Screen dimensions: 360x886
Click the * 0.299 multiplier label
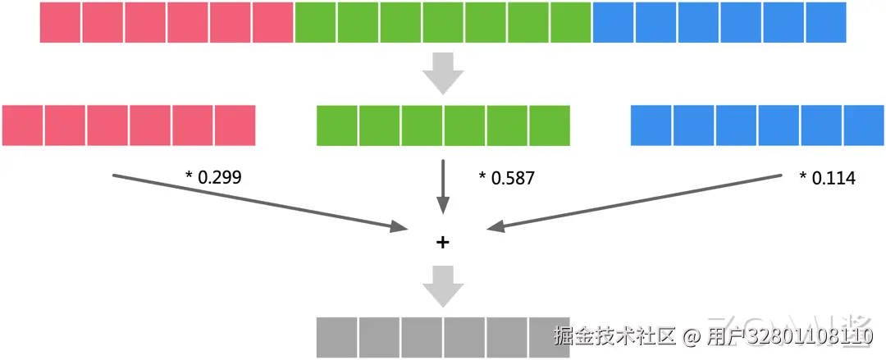click(214, 176)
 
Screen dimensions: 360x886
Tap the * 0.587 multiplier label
click(506, 177)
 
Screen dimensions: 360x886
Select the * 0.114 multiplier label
click(827, 177)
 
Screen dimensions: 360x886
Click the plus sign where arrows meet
click(443, 242)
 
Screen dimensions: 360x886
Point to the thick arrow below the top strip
click(443, 73)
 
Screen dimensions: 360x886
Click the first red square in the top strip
click(61, 22)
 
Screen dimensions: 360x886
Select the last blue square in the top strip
click(826, 22)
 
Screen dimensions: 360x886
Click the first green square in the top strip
click(316, 22)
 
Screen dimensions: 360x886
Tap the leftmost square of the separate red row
click(22, 125)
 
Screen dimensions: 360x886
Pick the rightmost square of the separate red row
click(235, 125)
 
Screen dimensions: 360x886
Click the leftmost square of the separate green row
click(337, 125)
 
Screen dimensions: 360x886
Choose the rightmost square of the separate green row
click(550, 125)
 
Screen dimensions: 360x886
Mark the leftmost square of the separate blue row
click(651, 125)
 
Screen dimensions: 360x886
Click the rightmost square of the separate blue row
click(864, 125)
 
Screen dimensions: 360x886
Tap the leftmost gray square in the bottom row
click(337, 337)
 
